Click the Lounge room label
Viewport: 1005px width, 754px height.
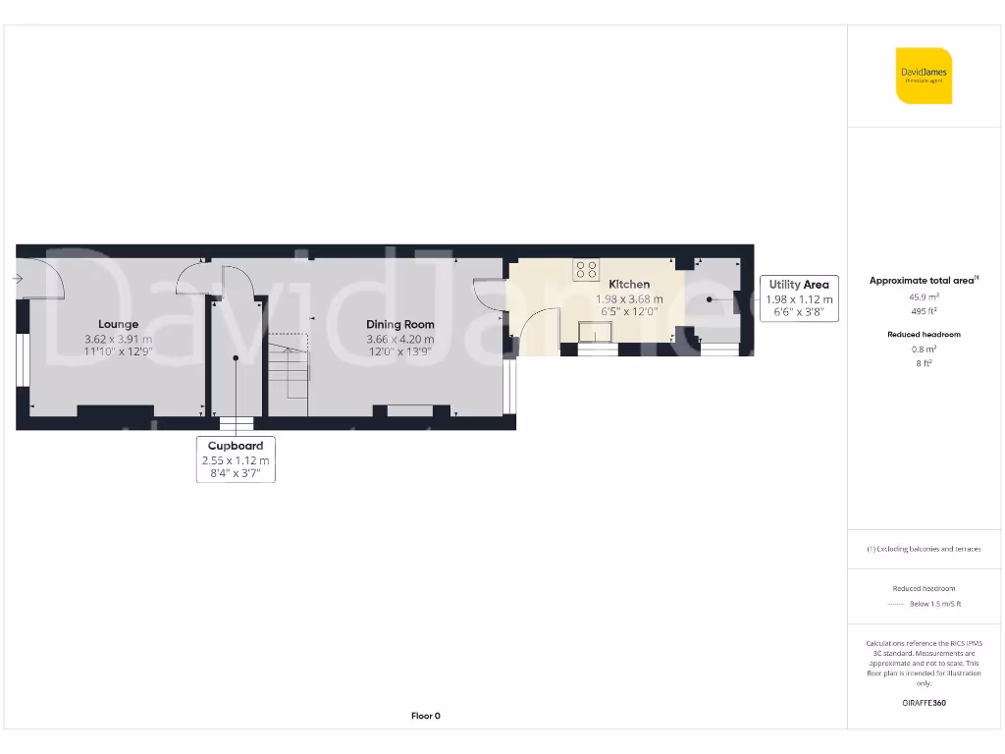click(118, 324)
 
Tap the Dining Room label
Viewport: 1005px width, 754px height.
click(400, 324)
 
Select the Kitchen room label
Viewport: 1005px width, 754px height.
click(629, 284)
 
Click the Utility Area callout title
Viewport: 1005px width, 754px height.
click(799, 285)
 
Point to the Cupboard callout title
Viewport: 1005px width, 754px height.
click(236, 446)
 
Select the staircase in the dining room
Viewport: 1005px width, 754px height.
click(290, 368)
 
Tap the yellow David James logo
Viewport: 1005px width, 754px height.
click(924, 76)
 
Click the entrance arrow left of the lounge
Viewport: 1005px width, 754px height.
click(18, 280)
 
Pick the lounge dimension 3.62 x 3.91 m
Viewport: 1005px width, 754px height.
click(118, 340)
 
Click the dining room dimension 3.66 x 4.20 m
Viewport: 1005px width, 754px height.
click(400, 340)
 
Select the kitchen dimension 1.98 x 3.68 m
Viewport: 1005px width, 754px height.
click(629, 299)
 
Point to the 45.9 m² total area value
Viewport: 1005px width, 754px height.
click(924, 296)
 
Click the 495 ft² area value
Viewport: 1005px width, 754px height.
click(924, 310)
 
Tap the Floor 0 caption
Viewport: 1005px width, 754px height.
click(425, 716)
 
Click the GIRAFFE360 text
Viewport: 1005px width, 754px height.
click(924, 703)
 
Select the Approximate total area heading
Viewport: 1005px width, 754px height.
click(923, 280)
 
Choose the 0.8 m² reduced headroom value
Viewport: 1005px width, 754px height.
click(924, 349)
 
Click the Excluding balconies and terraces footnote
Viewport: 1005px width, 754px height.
click(924, 549)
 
